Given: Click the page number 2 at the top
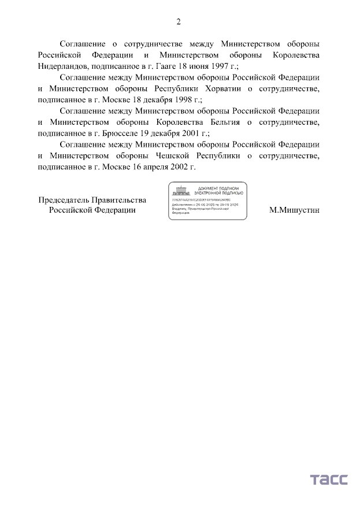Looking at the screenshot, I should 179,22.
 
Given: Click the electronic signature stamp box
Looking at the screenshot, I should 207,201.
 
